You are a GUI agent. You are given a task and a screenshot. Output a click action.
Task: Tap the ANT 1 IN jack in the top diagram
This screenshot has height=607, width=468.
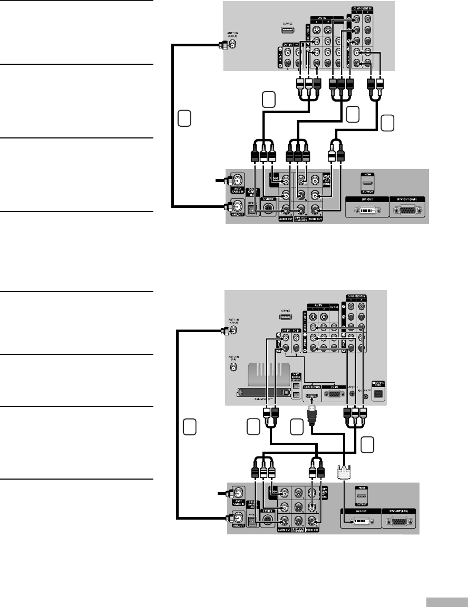(x=232, y=45)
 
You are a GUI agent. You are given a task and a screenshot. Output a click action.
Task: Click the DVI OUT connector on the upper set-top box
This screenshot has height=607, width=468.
(x=368, y=209)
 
